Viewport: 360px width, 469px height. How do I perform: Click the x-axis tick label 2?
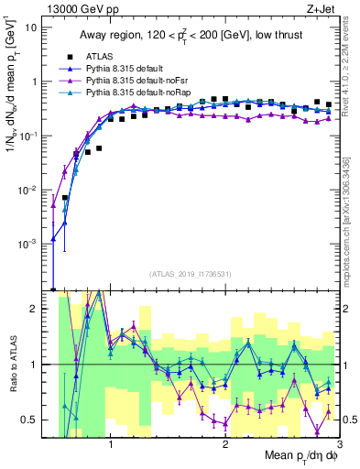point(225,448)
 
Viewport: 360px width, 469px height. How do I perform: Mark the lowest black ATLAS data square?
point(65,198)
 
